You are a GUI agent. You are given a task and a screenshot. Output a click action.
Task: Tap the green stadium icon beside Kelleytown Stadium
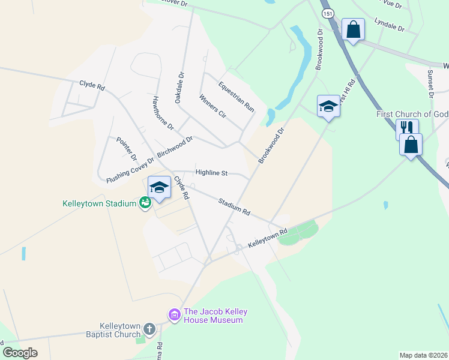(145, 204)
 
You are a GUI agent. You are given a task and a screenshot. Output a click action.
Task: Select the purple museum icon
(175, 314)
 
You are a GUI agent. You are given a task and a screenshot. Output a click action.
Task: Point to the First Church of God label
(412, 114)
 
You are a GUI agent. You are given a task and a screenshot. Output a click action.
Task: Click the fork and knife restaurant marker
(406, 128)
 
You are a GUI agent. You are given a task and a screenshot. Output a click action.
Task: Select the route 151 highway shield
(327, 13)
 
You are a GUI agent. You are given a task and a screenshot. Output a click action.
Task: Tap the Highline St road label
(211, 173)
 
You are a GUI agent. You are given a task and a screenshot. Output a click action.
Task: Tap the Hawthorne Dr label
(163, 113)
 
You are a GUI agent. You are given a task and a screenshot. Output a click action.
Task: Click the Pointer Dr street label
(127, 148)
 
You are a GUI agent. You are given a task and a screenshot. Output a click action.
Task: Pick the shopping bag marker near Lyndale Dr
(353, 29)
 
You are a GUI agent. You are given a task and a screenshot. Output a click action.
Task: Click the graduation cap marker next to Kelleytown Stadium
(159, 188)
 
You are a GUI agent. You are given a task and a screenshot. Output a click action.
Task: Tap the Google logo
(20, 352)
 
